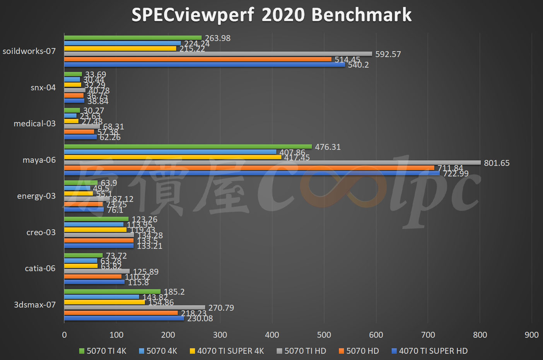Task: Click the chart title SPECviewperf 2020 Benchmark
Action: coord(271,15)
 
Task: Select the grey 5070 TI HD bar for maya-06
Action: coord(272,163)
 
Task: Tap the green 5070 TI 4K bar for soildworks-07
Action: coord(133,38)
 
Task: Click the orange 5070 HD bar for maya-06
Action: coord(249,168)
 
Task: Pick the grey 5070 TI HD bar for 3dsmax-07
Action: coord(135,308)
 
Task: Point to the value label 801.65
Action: coord(497,163)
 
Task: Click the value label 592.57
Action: coord(388,54)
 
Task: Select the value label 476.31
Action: coord(328,147)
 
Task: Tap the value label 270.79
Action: coord(221,308)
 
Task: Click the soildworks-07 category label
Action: coord(29,51)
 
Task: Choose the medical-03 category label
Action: coord(34,123)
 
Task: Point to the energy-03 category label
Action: coord(36,196)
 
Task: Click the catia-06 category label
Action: coord(40,268)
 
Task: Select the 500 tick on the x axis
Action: coord(324,335)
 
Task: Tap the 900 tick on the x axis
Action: coord(531,335)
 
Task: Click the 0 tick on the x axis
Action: coord(64,335)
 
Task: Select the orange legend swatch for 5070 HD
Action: coord(341,351)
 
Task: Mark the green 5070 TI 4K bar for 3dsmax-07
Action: coord(112,291)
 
